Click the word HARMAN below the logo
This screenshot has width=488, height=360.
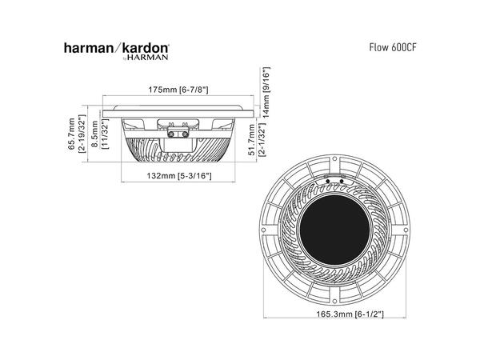click(x=148, y=58)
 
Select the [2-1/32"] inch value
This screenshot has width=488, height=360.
click(x=264, y=142)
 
